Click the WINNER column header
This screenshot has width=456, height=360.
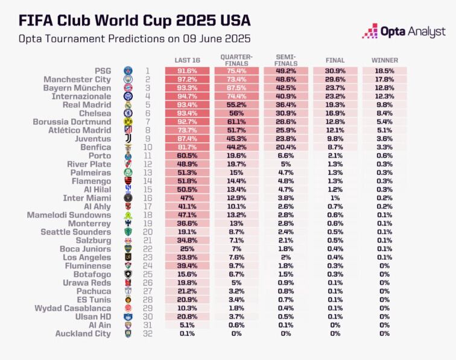coord(384,60)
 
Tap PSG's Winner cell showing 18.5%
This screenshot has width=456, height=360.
coord(384,71)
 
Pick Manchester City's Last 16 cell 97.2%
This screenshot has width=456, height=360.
coord(187,79)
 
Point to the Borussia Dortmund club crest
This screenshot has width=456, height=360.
coord(128,121)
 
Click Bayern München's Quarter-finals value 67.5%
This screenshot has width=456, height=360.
coord(236,87)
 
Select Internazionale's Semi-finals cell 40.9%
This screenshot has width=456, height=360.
coord(285,96)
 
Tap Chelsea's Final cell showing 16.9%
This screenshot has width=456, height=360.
coord(335,113)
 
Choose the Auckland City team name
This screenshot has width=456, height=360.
coord(83,333)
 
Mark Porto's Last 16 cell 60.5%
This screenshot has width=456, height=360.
coord(187,156)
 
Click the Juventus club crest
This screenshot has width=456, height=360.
coord(128,139)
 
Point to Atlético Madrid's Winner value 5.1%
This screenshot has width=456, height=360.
coord(384,130)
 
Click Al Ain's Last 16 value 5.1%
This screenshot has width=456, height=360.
coord(187,325)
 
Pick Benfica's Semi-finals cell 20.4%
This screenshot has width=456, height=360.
coord(285,147)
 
